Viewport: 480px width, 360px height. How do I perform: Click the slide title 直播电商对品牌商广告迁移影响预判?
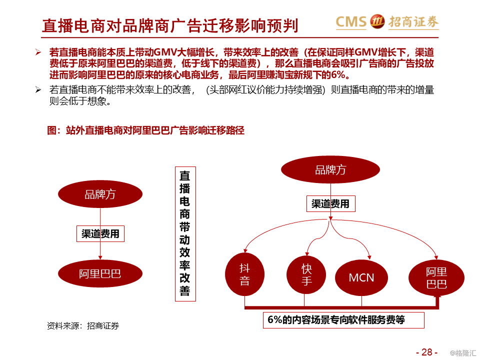pos(170,24)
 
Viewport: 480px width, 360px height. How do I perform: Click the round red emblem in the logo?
pos(377,21)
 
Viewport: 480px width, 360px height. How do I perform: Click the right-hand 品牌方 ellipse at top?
pos(330,170)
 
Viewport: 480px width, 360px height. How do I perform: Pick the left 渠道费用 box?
pos(100,233)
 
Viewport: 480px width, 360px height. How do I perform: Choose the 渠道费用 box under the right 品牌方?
pos(330,203)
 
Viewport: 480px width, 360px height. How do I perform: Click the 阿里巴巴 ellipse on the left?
pos(100,273)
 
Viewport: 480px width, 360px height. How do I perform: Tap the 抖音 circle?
pos(244,274)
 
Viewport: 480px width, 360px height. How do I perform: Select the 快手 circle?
pos(306,274)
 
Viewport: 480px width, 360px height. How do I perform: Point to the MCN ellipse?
pos(361,278)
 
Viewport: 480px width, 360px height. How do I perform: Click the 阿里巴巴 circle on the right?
pos(436,278)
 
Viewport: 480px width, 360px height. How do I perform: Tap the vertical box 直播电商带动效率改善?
pos(185,233)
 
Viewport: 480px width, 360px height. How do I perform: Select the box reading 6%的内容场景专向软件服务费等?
pos(343,320)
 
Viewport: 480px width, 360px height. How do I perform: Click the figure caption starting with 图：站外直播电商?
pos(145,130)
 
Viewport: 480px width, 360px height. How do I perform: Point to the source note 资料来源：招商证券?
pos(83,326)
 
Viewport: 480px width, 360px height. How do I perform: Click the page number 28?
pos(426,351)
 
